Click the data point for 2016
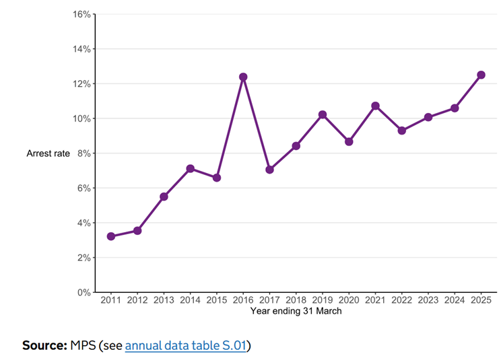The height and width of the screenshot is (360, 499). (243, 77)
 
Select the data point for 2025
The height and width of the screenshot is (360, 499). (481, 75)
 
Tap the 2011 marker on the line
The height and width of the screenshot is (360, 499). (111, 236)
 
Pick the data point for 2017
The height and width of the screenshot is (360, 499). (269, 170)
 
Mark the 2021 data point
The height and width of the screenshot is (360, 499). (375, 106)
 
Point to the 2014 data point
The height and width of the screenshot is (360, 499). (191, 168)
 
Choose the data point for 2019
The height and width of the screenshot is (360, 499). (323, 114)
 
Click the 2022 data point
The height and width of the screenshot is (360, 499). (401, 131)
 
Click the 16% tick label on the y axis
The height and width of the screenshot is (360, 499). (81, 14)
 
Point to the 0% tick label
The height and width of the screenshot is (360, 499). (84, 293)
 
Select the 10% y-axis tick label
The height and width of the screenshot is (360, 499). (81, 118)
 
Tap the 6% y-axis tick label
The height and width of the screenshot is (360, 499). (84, 188)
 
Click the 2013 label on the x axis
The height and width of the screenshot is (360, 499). (164, 301)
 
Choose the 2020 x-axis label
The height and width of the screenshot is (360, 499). (349, 301)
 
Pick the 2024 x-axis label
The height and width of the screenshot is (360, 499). (455, 301)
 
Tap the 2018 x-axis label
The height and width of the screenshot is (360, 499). (296, 301)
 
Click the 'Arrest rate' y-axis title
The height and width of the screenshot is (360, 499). (48, 153)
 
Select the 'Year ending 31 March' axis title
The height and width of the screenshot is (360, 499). (296, 311)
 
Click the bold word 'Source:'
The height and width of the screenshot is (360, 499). (44, 346)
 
